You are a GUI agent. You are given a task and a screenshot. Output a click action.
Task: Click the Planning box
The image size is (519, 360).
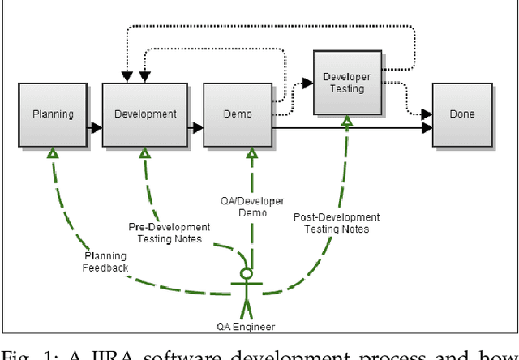[53, 114]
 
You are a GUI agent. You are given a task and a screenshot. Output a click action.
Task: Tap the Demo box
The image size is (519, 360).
[238, 114]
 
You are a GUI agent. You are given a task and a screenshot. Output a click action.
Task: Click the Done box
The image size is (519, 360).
[462, 114]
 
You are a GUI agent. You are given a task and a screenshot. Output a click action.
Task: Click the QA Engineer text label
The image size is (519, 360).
[247, 327]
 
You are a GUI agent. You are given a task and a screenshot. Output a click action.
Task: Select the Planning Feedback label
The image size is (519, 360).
[105, 262]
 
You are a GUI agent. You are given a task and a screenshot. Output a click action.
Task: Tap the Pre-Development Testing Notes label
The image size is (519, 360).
[169, 233]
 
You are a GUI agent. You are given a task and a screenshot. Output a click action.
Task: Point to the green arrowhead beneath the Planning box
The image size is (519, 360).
[53, 152]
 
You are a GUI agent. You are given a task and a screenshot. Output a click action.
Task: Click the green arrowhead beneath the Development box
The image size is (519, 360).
[147, 152]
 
